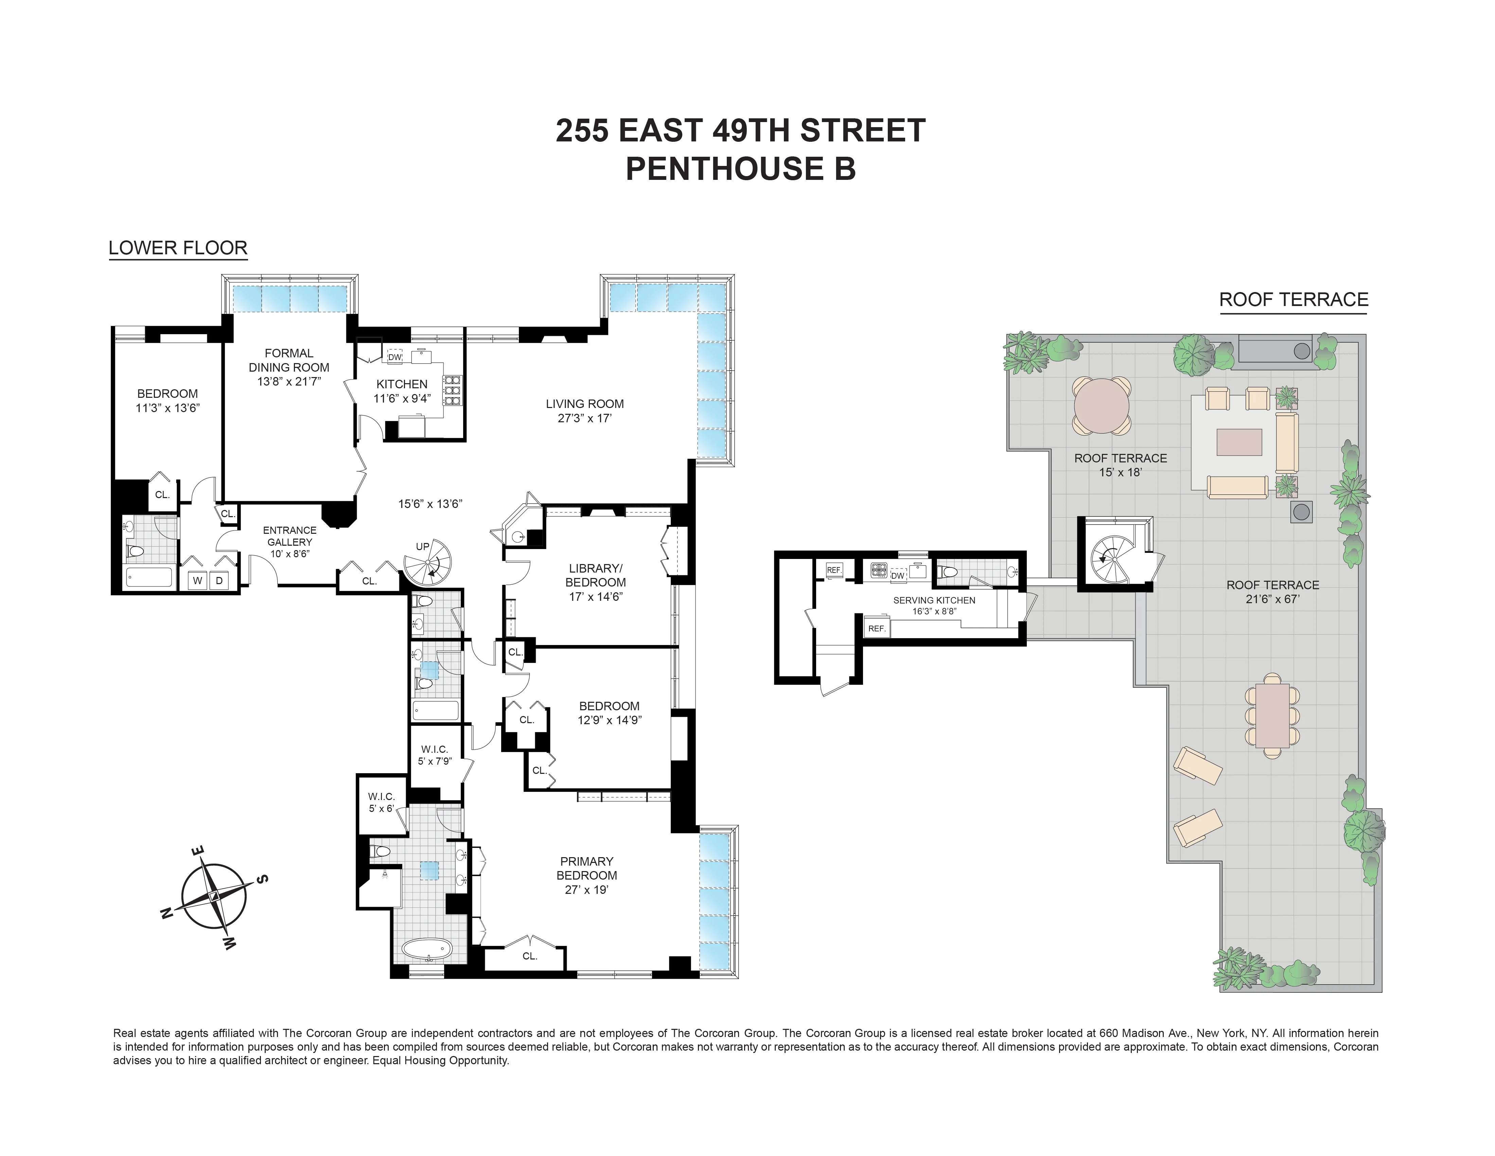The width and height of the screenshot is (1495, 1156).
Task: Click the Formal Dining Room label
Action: tap(289, 360)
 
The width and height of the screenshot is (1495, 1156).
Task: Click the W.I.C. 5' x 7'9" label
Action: tap(435, 755)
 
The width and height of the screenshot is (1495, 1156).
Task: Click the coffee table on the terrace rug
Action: tap(1239, 442)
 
